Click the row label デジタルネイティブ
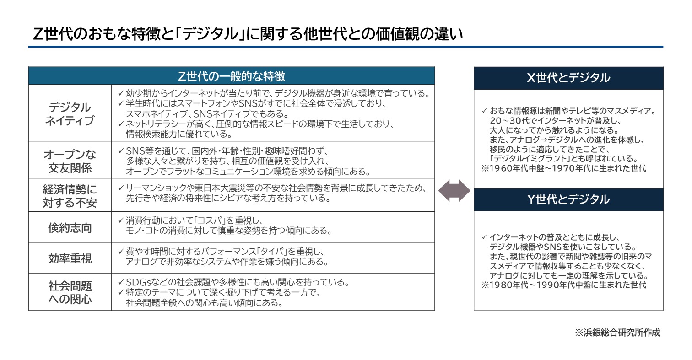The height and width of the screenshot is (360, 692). (x=70, y=114)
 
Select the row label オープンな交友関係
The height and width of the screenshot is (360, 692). (x=70, y=161)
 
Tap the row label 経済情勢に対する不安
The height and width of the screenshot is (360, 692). (x=70, y=195)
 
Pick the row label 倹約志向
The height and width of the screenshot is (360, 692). (x=70, y=227)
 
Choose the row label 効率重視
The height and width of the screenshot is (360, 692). (x=70, y=258)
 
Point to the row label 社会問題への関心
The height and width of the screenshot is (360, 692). (x=70, y=292)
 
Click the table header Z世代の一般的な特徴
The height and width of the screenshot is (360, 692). (x=232, y=76)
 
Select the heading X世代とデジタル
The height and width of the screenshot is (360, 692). (x=568, y=78)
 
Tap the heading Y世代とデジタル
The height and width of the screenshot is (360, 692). (x=568, y=200)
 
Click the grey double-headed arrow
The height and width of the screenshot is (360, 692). (x=454, y=191)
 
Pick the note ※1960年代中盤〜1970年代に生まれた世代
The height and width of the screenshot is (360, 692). (x=563, y=168)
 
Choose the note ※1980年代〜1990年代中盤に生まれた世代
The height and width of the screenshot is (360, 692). (x=563, y=285)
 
